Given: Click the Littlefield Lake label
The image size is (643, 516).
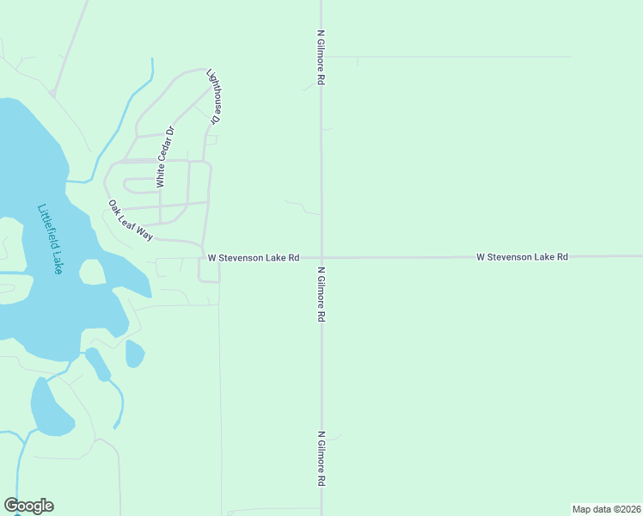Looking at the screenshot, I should tap(51, 239).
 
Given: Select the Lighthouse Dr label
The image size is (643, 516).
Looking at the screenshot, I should tap(216, 97).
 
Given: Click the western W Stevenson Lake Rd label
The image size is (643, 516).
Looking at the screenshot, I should tap(254, 257).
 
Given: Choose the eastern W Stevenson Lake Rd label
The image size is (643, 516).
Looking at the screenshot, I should tap(523, 256).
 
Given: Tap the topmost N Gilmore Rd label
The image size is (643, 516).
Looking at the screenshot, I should tap(321, 58).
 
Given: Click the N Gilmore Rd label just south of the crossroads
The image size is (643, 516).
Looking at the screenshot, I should tap(321, 293).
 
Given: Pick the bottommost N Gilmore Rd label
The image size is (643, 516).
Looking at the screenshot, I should tap(321, 459).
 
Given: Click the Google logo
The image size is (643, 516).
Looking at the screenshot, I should tap(28, 506).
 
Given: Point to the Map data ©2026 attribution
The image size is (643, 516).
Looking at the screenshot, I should tap(606, 509).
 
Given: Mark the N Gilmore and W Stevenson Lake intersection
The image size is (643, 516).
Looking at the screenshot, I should tap(321, 256).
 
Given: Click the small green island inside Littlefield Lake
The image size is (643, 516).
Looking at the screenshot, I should tap(92, 273).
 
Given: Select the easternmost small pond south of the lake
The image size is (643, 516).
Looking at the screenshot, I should tap(134, 353).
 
